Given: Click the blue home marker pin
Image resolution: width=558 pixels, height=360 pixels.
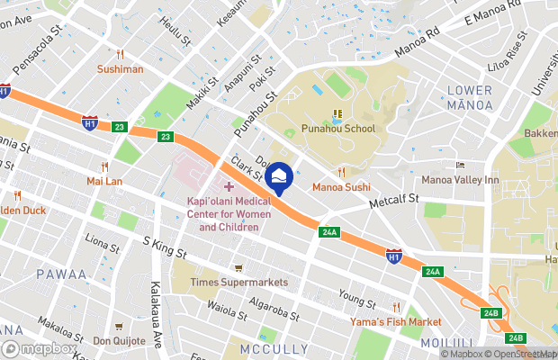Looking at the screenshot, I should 280,178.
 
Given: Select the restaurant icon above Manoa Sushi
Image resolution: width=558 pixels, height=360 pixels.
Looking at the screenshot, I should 341,172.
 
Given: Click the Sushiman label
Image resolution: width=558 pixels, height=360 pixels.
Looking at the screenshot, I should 121,68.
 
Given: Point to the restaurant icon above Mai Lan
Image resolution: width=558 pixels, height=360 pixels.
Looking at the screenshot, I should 104,166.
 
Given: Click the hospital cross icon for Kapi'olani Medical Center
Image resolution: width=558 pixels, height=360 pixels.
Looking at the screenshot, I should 229,186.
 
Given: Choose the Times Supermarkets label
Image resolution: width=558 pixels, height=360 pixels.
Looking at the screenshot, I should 238,283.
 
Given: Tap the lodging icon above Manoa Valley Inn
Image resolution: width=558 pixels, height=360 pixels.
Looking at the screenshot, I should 460,166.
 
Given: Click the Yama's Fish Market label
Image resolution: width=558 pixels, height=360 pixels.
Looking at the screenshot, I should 396,322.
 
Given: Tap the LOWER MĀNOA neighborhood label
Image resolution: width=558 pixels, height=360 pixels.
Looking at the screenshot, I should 469,97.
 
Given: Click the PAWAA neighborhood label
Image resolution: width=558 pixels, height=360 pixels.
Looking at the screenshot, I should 62,274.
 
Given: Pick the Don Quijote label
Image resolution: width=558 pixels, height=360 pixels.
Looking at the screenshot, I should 119,341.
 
